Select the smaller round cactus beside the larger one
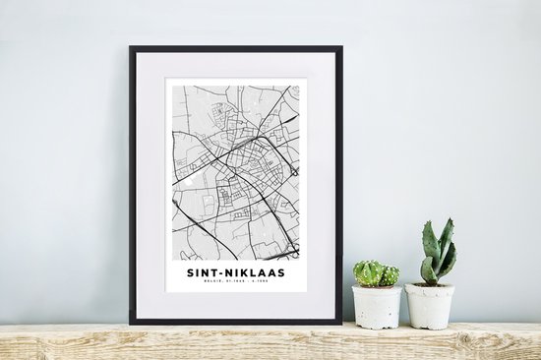pyautogui.click(x=391, y=275)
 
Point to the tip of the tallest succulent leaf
pyautogui.click(x=450, y=220)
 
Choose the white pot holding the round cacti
pyautogui.click(x=379, y=307)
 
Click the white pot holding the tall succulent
pyautogui.click(x=431, y=307)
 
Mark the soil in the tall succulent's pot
pyautogui.click(x=431, y=285)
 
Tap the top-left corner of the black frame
pyautogui.click(x=130, y=47)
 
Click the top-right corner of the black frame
pyautogui.click(x=340, y=47)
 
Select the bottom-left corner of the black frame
pyautogui.click(x=130, y=323)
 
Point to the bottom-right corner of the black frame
pyautogui.click(x=340, y=323)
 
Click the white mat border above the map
pyautogui.click(x=236, y=66)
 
